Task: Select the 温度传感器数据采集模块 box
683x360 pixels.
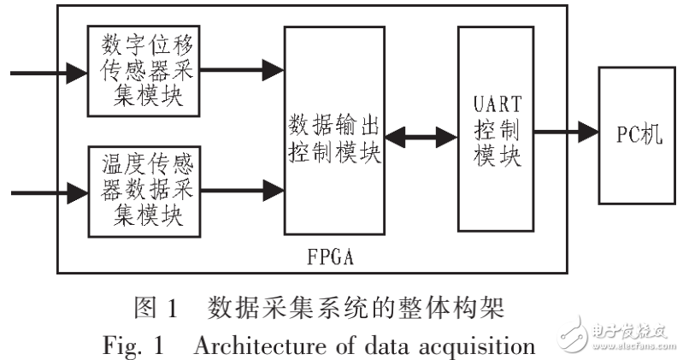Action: [144, 190]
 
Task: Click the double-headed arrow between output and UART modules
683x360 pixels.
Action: [421, 134]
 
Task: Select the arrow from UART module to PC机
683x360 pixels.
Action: [565, 133]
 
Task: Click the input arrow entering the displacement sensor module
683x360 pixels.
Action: [47, 74]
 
